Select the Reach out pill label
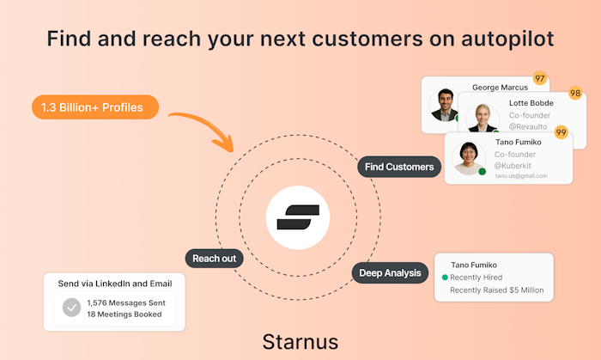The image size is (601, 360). click(x=214, y=259)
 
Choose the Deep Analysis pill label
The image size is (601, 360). click(x=390, y=273)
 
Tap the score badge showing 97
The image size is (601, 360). click(x=540, y=78)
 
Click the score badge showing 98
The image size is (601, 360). click(x=574, y=93)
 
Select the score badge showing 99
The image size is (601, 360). click(x=561, y=131)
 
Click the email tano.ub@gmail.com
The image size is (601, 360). click(x=520, y=175)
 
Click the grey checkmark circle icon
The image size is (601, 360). click(x=72, y=307)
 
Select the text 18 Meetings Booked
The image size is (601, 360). click(x=124, y=314)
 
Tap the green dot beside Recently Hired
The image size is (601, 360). click(x=444, y=278)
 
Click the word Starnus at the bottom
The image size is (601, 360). click(x=300, y=340)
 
